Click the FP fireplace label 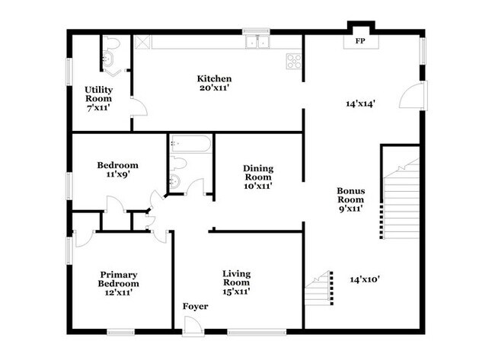point(360,41)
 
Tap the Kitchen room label point(214,78)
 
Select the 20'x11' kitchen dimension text point(214,88)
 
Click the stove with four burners point(294,61)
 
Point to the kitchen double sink point(257,42)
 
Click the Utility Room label point(98,94)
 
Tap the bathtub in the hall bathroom point(190,144)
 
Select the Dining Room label point(258,173)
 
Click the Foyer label point(196,307)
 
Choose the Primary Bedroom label point(118,279)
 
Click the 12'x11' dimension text point(118,292)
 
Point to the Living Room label point(236,278)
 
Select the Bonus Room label point(351,196)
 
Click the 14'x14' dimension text point(360,104)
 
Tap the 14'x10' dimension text point(365,279)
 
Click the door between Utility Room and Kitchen point(139,107)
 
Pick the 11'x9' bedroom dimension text point(118,174)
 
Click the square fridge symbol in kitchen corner point(142,42)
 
